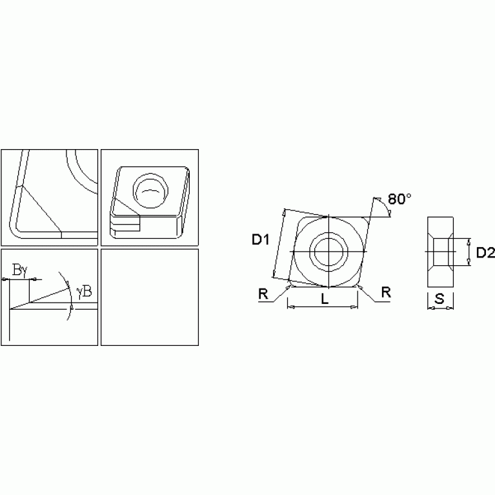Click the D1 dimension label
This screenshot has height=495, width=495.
(259, 241)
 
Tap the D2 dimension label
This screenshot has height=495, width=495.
(485, 253)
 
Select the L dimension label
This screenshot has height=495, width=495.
(325, 300)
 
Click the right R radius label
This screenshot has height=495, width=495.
(385, 292)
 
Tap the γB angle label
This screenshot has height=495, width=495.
(84, 292)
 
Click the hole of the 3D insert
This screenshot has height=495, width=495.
(150, 190)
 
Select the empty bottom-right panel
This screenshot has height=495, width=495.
(150, 297)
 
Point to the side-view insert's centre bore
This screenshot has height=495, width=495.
(441, 251)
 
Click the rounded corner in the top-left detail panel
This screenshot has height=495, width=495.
(15, 229)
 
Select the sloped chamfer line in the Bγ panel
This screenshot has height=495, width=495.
(48, 294)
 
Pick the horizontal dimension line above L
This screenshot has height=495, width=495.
(323, 307)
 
